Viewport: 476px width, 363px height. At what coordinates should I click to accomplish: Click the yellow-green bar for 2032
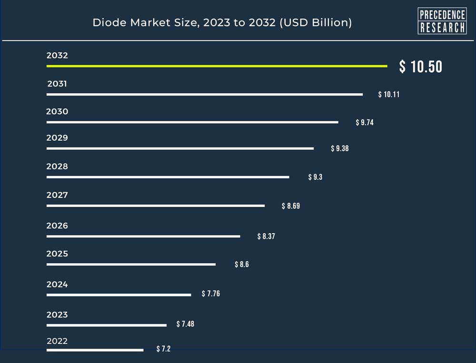[217, 66]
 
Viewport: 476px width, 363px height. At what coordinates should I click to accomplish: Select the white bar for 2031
[205, 95]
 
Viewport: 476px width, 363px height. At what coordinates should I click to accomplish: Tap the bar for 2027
[156, 206]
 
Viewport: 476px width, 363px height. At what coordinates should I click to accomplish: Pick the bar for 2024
[119, 295]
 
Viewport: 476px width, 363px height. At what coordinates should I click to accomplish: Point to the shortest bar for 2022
[95, 350]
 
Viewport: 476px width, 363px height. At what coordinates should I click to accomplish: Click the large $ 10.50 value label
[420, 67]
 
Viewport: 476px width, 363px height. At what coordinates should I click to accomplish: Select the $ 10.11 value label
[388, 95]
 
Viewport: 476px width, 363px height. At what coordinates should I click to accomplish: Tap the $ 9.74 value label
[365, 123]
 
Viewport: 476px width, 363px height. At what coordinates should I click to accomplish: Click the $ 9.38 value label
[340, 148]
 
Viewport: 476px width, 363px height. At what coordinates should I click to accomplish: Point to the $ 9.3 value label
[315, 177]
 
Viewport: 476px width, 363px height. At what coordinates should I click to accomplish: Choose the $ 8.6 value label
[242, 265]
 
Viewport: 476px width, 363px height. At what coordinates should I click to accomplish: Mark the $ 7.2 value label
[163, 349]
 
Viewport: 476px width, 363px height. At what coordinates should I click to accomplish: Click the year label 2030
[57, 112]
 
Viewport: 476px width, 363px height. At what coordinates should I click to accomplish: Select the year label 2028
[57, 167]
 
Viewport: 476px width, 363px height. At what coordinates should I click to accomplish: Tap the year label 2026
[57, 226]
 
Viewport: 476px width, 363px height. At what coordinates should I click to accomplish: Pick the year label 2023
[57, 314]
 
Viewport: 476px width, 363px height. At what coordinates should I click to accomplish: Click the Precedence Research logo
[442, 21]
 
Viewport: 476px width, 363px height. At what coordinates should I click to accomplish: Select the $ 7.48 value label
[185, 324]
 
